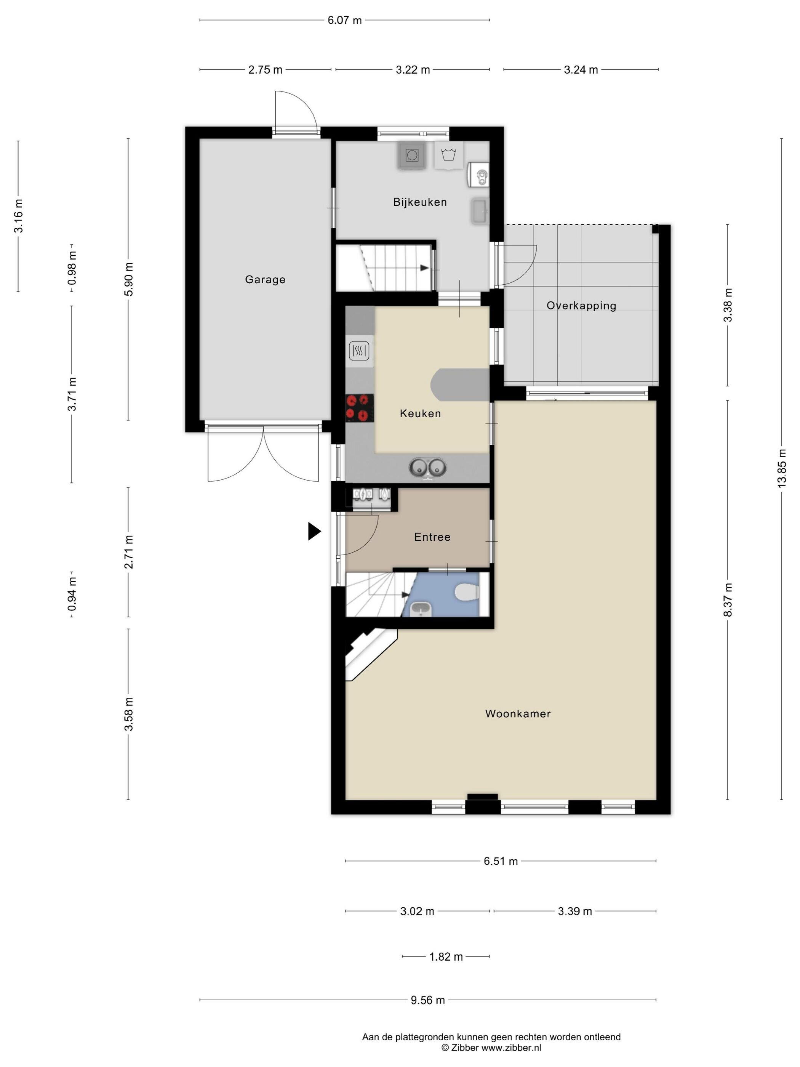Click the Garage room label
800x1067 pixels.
coord(265,279)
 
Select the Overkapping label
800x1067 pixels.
coord(581,306)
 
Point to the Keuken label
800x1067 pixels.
coord(420,413)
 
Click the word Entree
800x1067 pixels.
coord(432,537)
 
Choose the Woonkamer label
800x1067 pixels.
coord(518,713)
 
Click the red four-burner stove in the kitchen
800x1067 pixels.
coord(360,408)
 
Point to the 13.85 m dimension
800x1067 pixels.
coord(781,468)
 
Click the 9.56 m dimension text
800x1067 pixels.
coord(428,1000)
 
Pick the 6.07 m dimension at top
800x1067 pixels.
coord(344,20)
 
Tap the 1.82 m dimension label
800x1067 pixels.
coord(446,956)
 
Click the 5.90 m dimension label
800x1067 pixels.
coord(128,280)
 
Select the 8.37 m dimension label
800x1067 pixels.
coord(728,599)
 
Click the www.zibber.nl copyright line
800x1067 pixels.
coord(491,1048)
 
